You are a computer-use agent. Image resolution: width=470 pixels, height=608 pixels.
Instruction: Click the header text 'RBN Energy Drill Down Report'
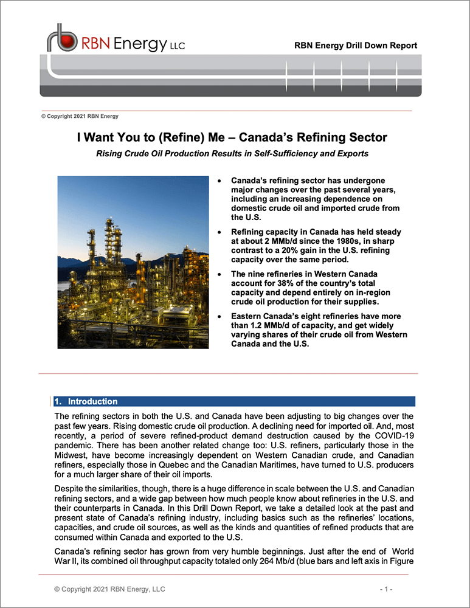pyautogui.click(x=355, y=46)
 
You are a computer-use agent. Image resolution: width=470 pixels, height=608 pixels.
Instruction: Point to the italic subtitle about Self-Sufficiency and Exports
pyautogui.click(x=232, y=154)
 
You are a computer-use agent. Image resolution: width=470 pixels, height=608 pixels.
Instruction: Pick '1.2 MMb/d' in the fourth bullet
pyautogui.click(x=268, y=326)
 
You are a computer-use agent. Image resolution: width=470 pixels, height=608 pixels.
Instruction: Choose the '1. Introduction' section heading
pyautogui.click(x=86, y=402)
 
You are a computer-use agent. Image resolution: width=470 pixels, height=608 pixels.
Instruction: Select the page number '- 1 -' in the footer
pyautogui.click(x=386, y=590)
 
